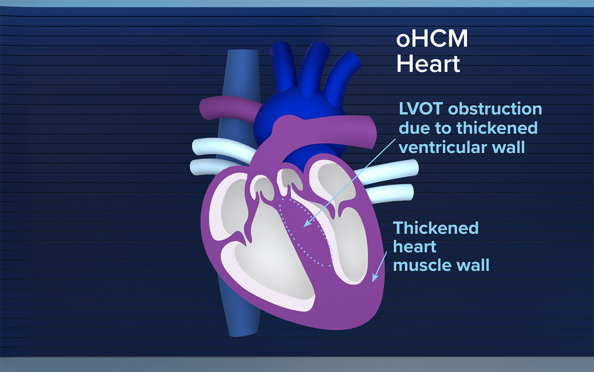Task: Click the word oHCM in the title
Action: point(432,40)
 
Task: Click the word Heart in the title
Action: point(428,63)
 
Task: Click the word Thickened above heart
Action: point(436,228)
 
